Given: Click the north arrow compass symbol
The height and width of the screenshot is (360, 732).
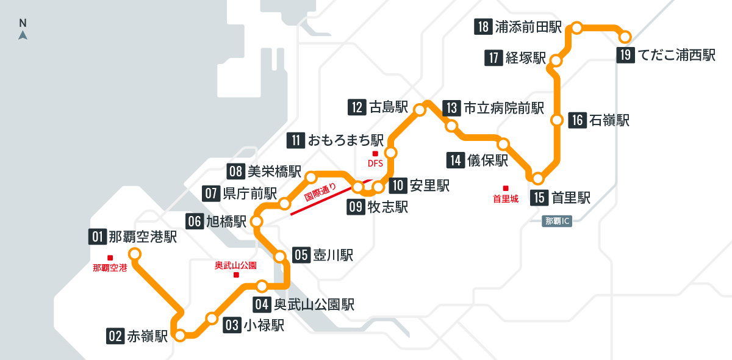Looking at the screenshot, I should pyautogui.click(x=23, y=34).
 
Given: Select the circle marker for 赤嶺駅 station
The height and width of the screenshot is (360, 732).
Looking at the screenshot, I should pyautogui.click(x=181, y=335).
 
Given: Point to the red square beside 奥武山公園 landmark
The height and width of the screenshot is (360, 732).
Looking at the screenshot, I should pyautogui.click(x=236, y=275).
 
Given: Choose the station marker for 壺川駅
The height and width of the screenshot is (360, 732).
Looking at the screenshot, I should pyautogui.click(x=281, y=257).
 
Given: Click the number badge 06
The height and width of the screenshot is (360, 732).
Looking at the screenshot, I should pyautogui.click(x=195, y=221).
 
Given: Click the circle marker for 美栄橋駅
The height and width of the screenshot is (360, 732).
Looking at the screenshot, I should pyautogui.click(x=311, y=178).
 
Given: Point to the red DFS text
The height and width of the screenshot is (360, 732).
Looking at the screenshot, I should pyautogui.click(x=375, y=163).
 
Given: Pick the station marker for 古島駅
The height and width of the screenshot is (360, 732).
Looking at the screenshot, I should pyautogui.click(x=420, y=110).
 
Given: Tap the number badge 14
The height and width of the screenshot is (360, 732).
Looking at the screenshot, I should pyautogui.click(x=456, y=161).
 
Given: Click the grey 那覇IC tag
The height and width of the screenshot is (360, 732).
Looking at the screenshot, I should pyautogui.click(x=556, y=221).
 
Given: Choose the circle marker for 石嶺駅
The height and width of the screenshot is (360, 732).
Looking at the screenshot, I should pyautogui.click(x=556, y=120).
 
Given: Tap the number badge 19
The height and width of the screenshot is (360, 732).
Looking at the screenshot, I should pyautogui.click(x=626, y=55).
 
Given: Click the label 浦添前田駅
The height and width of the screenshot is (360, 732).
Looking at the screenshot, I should pyautogui.click(x=528, y=27).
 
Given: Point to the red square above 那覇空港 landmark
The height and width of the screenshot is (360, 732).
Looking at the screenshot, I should pyautogui.click(x=110, y=257).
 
